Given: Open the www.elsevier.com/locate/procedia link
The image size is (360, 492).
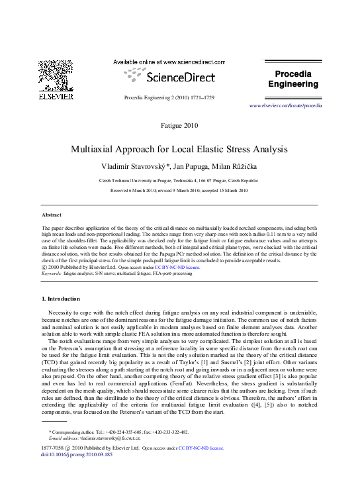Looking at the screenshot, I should pos(285,106).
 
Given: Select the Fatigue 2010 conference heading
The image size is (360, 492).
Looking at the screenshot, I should pos(179,125).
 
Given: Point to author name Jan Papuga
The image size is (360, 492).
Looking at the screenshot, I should pos(197,165).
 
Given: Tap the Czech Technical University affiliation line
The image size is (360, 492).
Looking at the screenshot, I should pos(179,180).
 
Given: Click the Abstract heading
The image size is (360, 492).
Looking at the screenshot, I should pos(52,215).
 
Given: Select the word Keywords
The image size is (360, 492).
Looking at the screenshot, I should pos(52,272).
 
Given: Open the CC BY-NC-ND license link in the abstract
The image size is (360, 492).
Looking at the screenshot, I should pos(181,267).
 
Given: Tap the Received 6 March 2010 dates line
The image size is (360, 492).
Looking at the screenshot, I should pos(179,190).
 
